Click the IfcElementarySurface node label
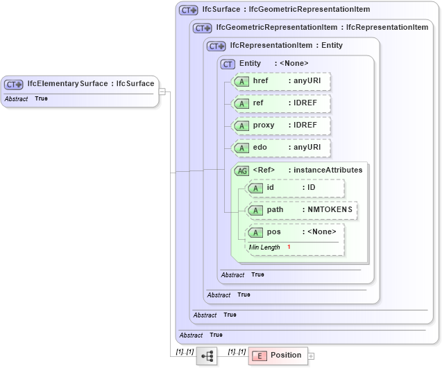[90, 84]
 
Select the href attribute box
[281, 82]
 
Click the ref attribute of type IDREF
[281, 104]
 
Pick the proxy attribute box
[281, 126]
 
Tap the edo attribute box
[281, 148]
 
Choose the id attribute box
[296, 188]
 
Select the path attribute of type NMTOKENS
[303, 210]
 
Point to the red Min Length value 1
[289, 247]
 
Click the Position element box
[278, 356]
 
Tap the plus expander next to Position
[311, 356]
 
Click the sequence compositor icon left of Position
[207, 356]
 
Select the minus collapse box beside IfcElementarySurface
[162, 91]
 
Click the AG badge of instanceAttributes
[241, 170]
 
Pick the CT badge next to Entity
[228, 64]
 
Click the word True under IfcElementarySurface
[41, 99]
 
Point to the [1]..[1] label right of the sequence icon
[237, 352]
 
